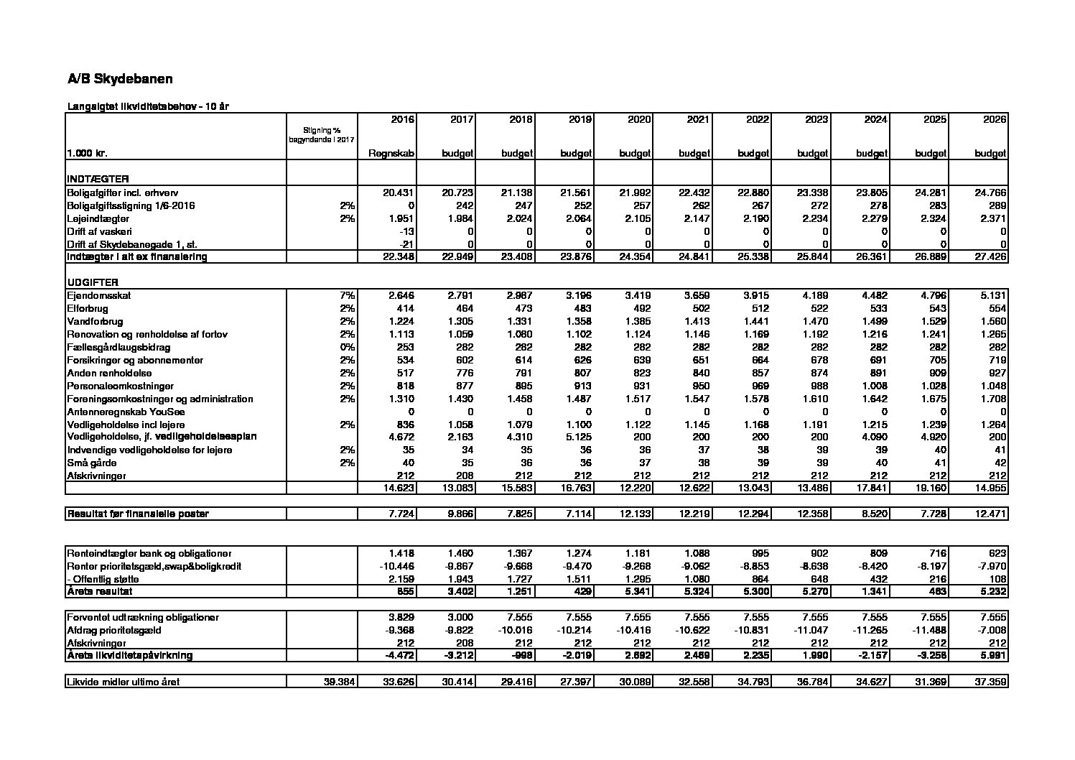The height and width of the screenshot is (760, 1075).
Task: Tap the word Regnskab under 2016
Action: pyautogui.click(x=391, y=153)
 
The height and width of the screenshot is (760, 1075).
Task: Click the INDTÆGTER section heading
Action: pyautogui.click(x=98, y=179)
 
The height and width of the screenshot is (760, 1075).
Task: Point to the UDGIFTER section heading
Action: pyautogui.click(x=93, y=282)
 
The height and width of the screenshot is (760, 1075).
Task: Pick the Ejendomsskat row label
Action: pyautogui.click(x=99, y=295)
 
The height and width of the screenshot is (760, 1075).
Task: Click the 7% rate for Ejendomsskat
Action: pyautogui.click(x=348, y=295)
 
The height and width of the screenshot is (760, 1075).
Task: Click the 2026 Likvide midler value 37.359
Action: pyautogui.click(x=992, y=682)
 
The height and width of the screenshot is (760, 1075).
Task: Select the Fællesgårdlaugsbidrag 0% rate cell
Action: pyautogui.click(x=348, y=347)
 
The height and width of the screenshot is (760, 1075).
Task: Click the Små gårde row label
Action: pyautogui.click(x=91, y=463)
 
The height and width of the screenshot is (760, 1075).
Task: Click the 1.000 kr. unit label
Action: pyautogui.click(x=88, y=153)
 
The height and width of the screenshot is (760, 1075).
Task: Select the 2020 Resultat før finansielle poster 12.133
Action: pyautogui.click(x=636, y=514)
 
